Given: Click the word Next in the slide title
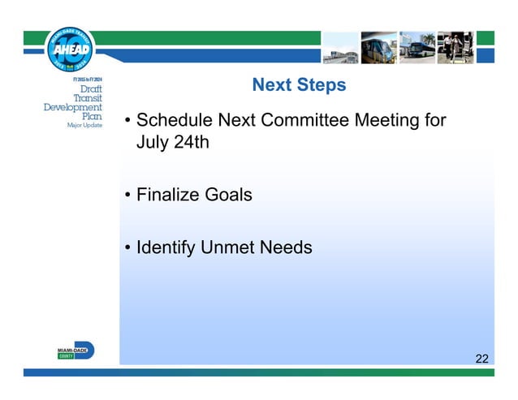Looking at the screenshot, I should click(x=270, y=85).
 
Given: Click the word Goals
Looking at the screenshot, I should click(x=229, y=196).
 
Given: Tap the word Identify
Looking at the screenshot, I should click(x=166, y=247).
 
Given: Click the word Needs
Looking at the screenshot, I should click(x=286, y=247).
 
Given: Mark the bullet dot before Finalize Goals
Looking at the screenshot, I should click(x=127, y=196).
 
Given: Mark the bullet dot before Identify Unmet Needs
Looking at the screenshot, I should click(x=127, y=248).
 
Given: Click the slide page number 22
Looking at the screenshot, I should click(x=482, y=358).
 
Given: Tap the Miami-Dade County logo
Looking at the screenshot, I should click(x=75, y=351).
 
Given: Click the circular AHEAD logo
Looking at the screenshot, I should click(x=72, y=49).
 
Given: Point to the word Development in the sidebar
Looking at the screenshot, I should click(x=73, y=107).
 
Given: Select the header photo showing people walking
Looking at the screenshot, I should click(x=455, y=48).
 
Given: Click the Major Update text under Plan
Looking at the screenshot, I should click(x=84, y=126).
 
